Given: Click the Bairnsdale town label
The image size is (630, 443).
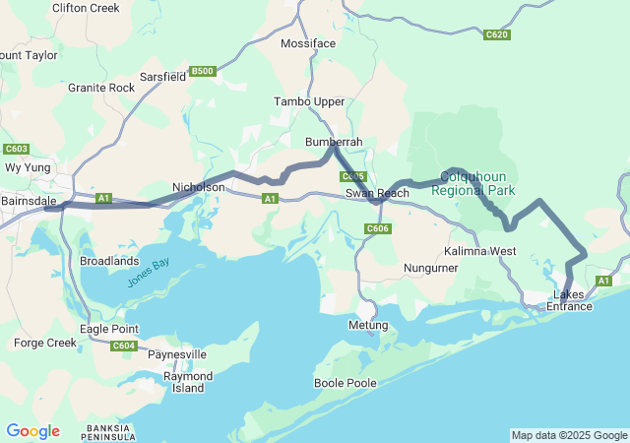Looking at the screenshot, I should tap(29, 201).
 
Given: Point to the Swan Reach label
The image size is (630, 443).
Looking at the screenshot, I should tap(377, 194).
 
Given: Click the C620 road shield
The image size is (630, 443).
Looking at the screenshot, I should tap(497, 34).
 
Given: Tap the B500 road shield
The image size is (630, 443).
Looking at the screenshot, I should tap(203, 71).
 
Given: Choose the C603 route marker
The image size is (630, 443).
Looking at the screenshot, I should tap(16, 149).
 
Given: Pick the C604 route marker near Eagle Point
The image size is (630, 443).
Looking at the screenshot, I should tap(124, 346).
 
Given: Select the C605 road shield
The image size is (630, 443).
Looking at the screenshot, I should tap(352, 176).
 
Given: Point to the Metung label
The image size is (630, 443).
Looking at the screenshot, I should tap(369, 325).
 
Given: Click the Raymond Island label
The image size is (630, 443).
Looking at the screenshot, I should tap(188, 382).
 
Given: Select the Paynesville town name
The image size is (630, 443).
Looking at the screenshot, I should tap(177, 353).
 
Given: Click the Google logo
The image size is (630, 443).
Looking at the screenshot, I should tap(32, 431).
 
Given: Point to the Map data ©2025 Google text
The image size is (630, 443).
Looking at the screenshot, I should tap(569, 435).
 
